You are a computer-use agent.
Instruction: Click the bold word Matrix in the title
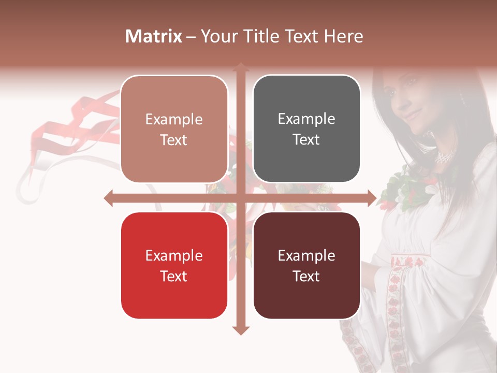pyautogui.click(x=154, y=36)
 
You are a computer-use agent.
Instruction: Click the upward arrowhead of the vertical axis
pyautogui.click(x=241, y=67)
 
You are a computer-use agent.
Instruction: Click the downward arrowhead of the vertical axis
pyautogui.click(x=241, y=330)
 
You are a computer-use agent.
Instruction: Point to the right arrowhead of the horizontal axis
pyautogui.click(x=372, y=198)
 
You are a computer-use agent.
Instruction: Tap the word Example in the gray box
pyautogui.click(x=306, y=119)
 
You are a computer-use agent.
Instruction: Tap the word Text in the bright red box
pyautogui.click(x=174, y=276)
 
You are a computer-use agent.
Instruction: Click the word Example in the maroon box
pyautogui.click(x=306, y=255)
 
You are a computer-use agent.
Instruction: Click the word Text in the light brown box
pyautogui.click(x=174, y=140)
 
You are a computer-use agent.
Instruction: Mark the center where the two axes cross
pyautogui.click(x=241, y=198)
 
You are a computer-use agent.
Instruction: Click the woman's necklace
pyautogui.click(x=445, y=155)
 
